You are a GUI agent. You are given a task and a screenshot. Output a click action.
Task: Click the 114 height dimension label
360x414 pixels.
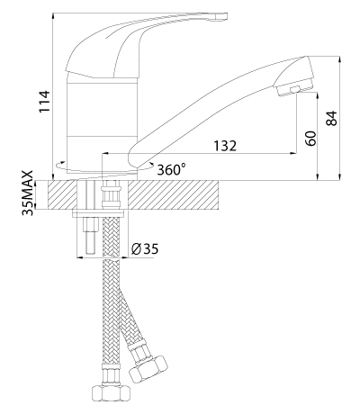click(44, 102)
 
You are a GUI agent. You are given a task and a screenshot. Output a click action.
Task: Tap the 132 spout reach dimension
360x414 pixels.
click(225, 146)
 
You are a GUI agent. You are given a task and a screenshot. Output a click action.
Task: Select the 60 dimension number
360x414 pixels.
click(311, 139)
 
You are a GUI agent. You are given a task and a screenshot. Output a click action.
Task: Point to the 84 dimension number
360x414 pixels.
click(331, 118)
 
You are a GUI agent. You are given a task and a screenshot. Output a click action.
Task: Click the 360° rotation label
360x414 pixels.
click(171, 170)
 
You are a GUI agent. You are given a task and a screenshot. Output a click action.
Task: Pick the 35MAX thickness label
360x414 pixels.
click(28, 193)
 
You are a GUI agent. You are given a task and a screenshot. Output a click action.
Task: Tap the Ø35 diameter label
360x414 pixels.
click(145, 249)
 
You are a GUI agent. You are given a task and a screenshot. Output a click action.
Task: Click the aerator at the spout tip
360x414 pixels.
click(295, 89)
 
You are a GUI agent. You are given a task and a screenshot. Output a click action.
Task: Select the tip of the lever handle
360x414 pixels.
click(222, 17)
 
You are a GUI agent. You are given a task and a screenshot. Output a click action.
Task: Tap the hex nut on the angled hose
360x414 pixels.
click(148, 369)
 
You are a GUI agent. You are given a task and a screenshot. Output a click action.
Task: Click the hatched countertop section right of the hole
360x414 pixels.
click(173, 194)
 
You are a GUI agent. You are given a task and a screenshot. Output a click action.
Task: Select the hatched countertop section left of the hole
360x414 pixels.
click(62, 194)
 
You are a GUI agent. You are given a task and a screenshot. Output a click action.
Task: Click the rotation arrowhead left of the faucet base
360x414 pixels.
click(61, 164)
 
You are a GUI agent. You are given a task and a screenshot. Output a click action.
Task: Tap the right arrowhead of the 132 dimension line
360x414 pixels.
click(293, 154)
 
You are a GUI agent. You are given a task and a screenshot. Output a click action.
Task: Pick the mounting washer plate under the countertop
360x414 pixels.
click(98, 214)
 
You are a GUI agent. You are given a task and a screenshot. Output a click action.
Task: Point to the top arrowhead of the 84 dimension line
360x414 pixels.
click(339, 59)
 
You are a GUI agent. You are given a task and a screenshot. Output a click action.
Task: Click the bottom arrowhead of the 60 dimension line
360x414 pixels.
click(318, 176)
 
